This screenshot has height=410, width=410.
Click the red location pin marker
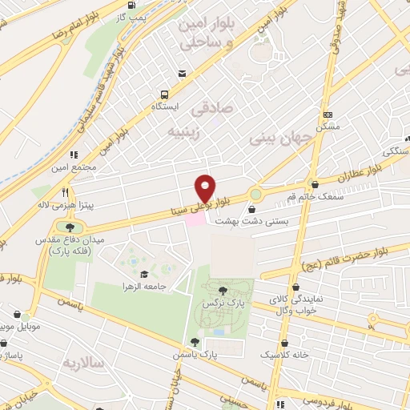tap(206, 187)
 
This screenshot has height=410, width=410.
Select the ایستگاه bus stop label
tap(167, 106)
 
